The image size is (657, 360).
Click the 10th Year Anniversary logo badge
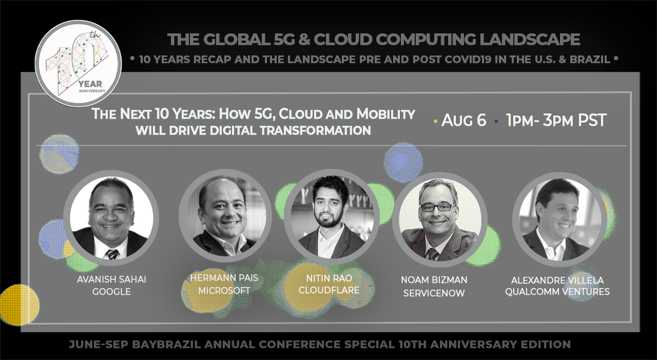click(78, 63)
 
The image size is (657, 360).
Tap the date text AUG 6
click(463, 120)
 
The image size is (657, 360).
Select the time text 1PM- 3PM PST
click(556, 120)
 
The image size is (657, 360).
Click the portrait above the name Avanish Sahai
click(111, 218)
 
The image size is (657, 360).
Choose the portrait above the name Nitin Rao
click(332, 217)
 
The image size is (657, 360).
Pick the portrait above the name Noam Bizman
click(440, 219)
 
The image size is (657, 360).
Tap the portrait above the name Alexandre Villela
click(560, 219)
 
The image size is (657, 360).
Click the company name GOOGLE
click(111, 292)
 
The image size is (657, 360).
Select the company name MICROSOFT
click(224, 291)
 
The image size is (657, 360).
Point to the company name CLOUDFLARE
click(329, 290)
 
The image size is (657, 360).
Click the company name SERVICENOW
click(434, 293)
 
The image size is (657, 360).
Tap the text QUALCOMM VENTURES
click(557, 292)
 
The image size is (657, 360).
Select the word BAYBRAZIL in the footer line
click(166, 344)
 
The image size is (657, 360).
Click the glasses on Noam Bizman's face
click(436, 207)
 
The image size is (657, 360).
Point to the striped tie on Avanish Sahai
click(112, 254)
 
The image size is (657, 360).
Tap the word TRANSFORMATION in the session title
click(315, 130)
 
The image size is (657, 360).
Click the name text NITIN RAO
click(329, 278)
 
